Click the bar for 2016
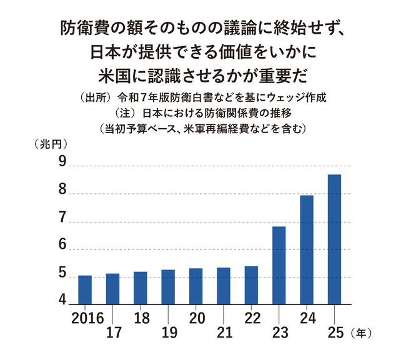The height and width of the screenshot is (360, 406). click(85, 290)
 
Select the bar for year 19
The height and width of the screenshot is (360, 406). click(168, 287)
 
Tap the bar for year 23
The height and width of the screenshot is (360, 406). click(279, 266)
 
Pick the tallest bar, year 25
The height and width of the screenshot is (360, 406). click(334, 239)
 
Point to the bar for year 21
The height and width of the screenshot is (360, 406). click(224, 286)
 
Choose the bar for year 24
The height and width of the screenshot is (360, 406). click(307, 250)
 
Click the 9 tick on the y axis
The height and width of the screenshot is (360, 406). click(62, 162)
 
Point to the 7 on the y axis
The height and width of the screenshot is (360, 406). click(62, 218)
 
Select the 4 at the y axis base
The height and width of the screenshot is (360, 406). click(62, 301)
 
